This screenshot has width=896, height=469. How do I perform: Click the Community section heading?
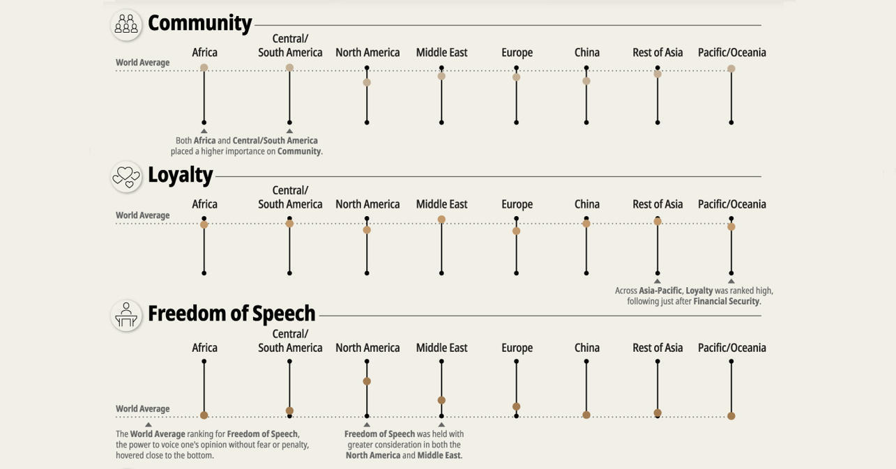[x=199, y=23]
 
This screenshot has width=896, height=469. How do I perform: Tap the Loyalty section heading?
[x=180, y=174]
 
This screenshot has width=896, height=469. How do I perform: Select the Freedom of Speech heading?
[x=231, y=314]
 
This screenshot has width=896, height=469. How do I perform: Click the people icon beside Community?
[x=126, y=24]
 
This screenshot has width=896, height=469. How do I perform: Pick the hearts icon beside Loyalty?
[x=126, y=176]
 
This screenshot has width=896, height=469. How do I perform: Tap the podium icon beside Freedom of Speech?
[x=126, y=315]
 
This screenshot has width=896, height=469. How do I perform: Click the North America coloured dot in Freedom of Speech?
[x=367, y=381]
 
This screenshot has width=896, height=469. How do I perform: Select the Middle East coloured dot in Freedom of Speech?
[x=441, y=400]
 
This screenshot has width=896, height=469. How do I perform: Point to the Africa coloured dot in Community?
[x=204, y=68]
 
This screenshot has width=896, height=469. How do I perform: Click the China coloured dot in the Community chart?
[x=586, y=81]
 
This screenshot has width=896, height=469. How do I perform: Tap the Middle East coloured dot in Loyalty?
[x=441, y=220]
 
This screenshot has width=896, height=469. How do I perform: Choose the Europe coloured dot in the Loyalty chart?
[x=516, y=231]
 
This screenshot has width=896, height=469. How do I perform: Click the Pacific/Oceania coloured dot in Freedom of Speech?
[x=731, y=416]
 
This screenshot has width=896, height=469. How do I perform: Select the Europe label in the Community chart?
[x=517, y=52]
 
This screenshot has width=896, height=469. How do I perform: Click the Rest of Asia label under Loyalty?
[x=658, y=204]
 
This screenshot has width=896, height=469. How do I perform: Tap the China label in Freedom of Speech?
[x=586, y=348]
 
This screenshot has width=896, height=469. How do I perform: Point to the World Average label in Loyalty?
[x=143, y=215]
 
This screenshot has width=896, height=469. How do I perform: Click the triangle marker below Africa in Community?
[x=204, y=131]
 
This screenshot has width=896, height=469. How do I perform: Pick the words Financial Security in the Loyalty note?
[x=726, y=302]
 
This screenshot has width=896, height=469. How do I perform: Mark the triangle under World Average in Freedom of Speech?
[x=149, y=424]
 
